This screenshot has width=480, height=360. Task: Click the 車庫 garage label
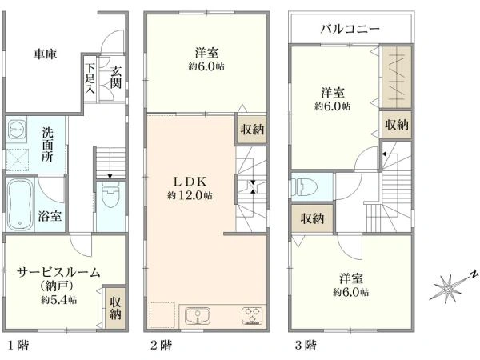pos(44,54)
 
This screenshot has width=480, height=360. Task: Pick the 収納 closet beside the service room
pos(115,307)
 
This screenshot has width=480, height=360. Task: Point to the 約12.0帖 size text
pos(190,195)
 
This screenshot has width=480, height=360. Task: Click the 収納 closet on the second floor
pos(250,130)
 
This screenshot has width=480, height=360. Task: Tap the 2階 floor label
pos(159,346)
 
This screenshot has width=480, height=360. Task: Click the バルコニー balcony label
pos(350,29)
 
